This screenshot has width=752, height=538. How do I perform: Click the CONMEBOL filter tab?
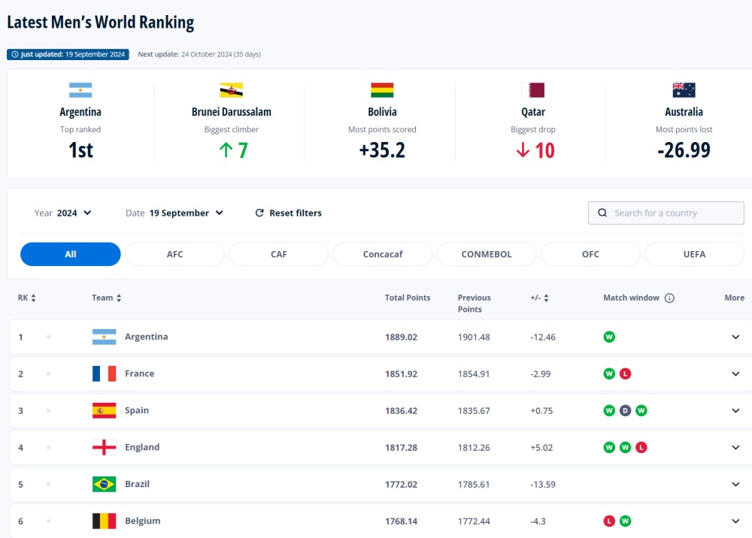coord(487,254)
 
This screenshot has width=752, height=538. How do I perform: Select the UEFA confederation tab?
coord(694,254)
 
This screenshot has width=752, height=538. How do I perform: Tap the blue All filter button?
coord(71,254)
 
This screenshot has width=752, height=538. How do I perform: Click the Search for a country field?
coord(666,213)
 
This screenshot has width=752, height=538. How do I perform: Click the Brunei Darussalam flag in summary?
coord(231,90)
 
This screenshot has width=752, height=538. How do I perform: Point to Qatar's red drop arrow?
coord(523,150)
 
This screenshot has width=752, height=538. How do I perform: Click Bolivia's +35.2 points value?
coord(382,150)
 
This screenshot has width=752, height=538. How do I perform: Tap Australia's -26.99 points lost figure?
coord(684,150)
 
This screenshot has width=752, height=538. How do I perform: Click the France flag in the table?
coord(104,373)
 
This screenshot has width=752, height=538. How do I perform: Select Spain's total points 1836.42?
coord(401,410)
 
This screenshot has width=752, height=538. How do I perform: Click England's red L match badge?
coord(641,447)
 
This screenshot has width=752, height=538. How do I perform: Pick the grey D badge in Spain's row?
coord(625,410)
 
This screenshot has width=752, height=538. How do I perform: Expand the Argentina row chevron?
coord(735,337)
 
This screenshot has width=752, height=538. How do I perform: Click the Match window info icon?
coord(669,298)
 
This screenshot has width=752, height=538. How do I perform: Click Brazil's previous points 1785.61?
coord(474,484)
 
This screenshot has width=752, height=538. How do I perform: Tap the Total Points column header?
coord(408,298)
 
